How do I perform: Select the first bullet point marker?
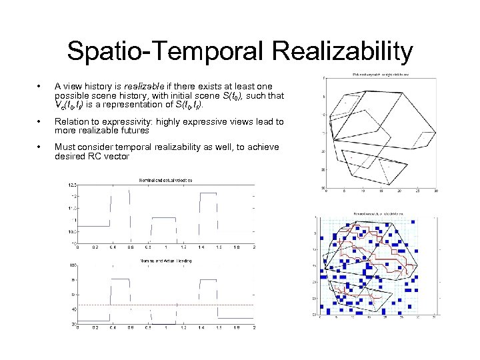[x=42, y=87]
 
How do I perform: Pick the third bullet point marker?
[x=42, y=147]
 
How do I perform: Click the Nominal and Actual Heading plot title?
[x=165, y=260]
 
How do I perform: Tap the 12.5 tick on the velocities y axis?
[x=72, y=184]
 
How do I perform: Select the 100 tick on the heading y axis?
[x=72, y=265]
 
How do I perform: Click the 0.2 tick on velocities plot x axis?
[x=94, y=247]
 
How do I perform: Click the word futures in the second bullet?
[x=132, y=131]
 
